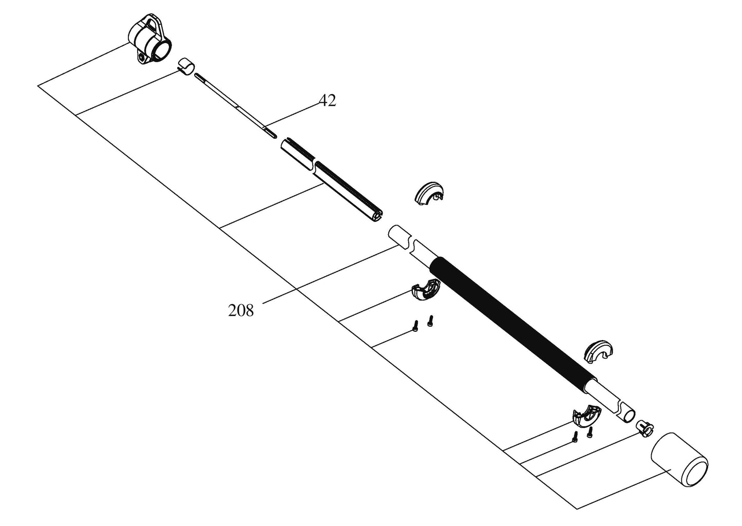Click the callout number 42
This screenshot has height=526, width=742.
[327, 101]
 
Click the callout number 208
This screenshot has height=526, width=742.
[241, 310]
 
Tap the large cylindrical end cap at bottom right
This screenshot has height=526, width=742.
[679, 459]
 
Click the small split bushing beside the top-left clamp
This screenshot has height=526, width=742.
[187, 67]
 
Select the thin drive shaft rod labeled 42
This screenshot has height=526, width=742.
[236, 105]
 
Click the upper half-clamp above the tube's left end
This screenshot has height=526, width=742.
[428, 192]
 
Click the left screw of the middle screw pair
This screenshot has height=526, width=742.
[415, 326]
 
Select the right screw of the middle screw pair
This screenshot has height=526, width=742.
[430, 321]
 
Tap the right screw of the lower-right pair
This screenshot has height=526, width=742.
[590, 432]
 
